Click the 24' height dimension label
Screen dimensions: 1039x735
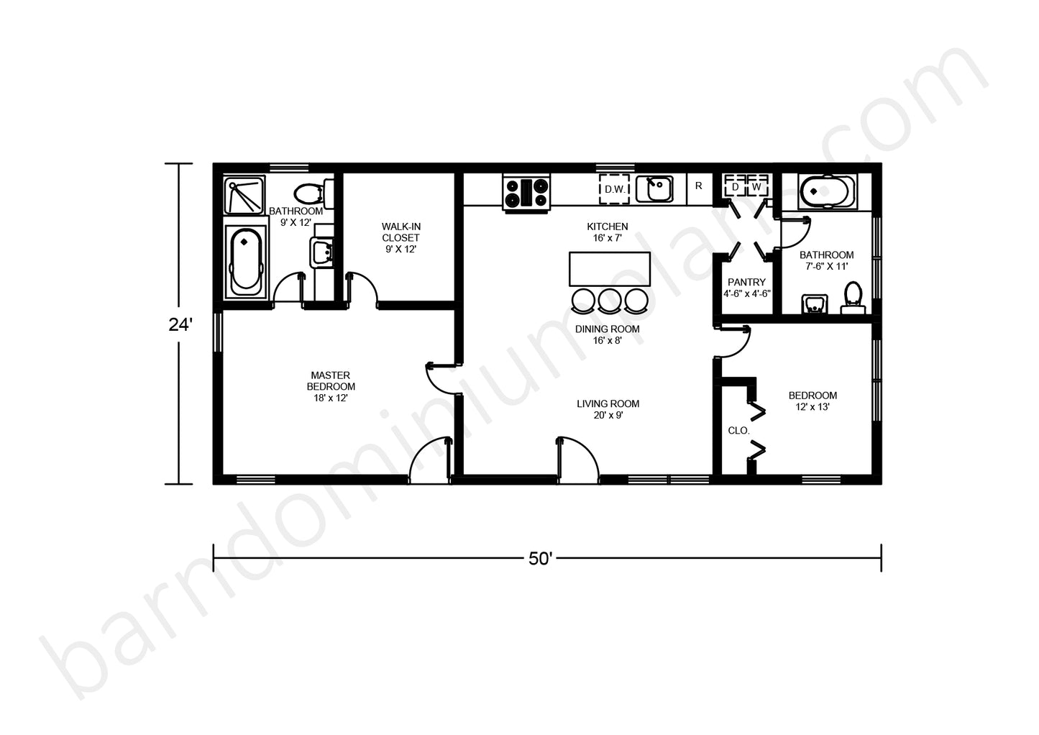click(x=180, y=325)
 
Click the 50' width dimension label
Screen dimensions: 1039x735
click(x=541, y=559)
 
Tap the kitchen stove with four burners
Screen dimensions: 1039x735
click(x=526, y=193)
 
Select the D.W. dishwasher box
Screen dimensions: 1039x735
click(x=615, y=189)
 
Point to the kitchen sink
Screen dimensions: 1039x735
click(x=654, y=189)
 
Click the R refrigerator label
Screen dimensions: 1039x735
click(x=699, y=186)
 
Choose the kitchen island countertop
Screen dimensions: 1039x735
click(x=610, y=269)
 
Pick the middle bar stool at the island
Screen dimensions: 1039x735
click(x=610, y=301)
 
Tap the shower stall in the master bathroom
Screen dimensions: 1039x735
click(x=244, y=194)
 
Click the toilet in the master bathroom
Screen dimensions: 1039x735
click(x=313, y=193)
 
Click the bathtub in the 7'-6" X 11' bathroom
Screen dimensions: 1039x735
click(x=827, y=191)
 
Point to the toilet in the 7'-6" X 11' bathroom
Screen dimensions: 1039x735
click(x=853, y=298)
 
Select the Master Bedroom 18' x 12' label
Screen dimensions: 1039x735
click(x=331, y=386)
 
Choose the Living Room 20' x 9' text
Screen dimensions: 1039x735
click(x=608, y=409)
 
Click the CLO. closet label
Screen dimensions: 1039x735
click(x=738, y=431)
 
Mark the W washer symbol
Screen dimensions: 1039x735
click(x=756, y=187)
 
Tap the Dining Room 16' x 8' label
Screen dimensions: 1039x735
click(x=607, y=334)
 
